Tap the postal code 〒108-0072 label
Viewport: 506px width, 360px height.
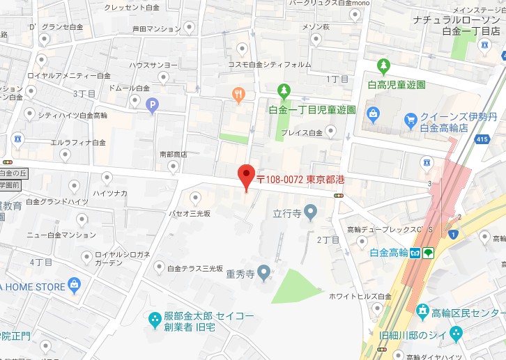(300, 180)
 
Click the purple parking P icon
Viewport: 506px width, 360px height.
(153, 105)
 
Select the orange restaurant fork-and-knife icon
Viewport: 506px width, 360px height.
(239, 95)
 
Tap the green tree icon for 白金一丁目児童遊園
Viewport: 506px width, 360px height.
(283, 91)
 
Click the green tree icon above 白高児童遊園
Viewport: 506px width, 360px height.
(383, 67)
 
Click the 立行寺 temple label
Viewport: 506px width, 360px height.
(286, 213)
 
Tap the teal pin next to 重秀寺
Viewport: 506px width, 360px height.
(263, 271)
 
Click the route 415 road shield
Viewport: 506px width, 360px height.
(461, 140)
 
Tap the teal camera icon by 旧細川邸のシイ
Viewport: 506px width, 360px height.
(455, 334)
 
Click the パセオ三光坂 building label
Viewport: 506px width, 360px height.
(190, 214)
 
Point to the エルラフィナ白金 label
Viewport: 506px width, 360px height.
(78, 143)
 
